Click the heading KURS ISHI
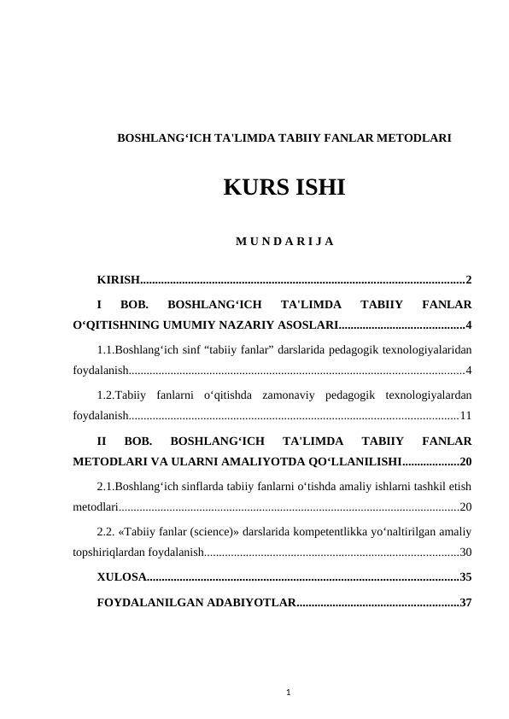point(284,188)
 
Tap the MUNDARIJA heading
point(284,241)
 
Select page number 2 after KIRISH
point(469,280)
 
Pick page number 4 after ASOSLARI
point(469,325)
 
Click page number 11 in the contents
point(465,416)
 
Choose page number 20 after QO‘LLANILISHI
point(465,462)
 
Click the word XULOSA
point(120,577)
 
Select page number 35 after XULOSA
point(465,577)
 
